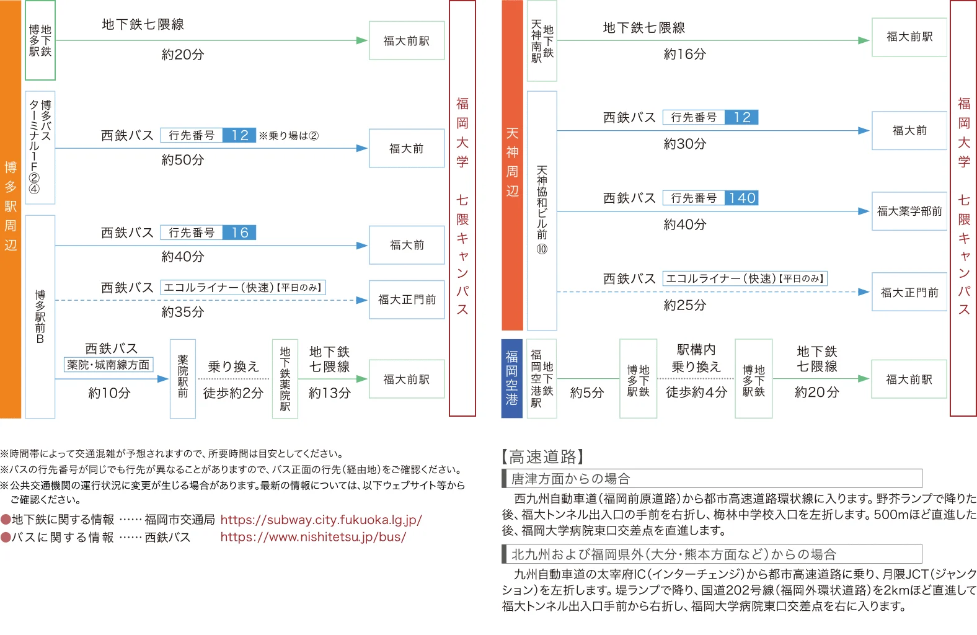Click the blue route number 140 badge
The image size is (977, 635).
(x=741, y=198)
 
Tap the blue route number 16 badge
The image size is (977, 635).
(x=239, y=232)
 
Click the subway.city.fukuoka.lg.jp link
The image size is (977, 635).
(x=321, y=520)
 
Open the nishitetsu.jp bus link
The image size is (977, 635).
(x=313, y=537)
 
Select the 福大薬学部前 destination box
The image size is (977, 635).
(x=909, y=211)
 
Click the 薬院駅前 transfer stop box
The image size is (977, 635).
(x=183, y=378)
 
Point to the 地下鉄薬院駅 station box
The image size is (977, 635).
(x=285, y=378)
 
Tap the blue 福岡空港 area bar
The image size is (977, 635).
(x=511, y=378)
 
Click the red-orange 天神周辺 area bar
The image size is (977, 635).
(x=512, y=165)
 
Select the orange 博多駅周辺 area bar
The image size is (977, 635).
(x=11, y=209)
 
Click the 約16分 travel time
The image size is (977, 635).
(x=685, y=54)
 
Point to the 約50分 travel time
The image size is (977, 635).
(x=183, y=160)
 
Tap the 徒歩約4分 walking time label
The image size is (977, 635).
(x=696, y=393)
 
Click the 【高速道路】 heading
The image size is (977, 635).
(x=542, y=456)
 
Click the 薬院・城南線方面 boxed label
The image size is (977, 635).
(x=108, y=365)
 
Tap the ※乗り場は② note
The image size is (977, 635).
(x=289, y=136)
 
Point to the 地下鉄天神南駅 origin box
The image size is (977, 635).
(x=542, y=40)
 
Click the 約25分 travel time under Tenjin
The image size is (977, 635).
(x=685, y=305)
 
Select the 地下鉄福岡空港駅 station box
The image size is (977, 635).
(x=542, y=378)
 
